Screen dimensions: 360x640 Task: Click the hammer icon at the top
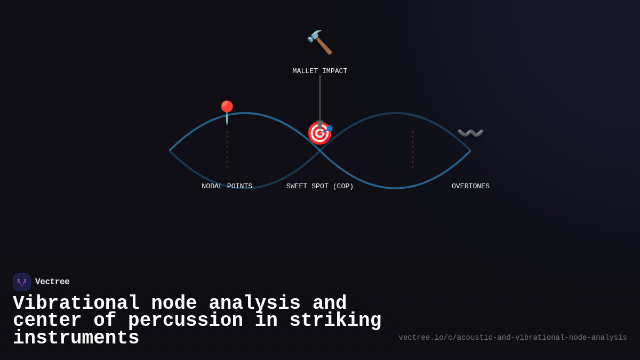pyautogui.click(x=319, y=42)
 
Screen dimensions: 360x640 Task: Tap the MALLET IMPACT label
pyautogui.click(x=319, y=71)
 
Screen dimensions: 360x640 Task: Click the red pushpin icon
pyautogui.click(x=227, y=112)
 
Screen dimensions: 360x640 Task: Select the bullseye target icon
pyautogui.click(x=319, y=133)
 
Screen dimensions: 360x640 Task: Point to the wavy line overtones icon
pyautogui.click(x=470, y=133)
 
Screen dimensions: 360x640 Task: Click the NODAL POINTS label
pyautogui.click(x=227, y=187)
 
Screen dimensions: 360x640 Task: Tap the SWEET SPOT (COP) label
pyautogui.click(x=319, y=187)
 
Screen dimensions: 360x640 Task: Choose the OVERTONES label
pyautogui.click(x=470, y=187)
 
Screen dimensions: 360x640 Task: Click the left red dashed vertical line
pyautogui.click(x=227, y=150)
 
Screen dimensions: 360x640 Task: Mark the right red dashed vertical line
pyautogui.click(x=413, y=150)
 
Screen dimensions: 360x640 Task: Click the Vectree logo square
pyautogui.click(x=22, y=282)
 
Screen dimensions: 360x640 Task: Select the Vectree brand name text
pyautogui.click(x=52, y=282)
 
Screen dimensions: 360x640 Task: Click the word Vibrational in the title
pyautogui.click(x=76, y=303)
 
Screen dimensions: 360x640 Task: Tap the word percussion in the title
pyautogui.click(x=185, y=321)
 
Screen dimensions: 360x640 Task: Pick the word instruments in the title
pyautogui.click(x=76, y=338)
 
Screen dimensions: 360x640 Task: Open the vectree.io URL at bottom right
pyautogui.click(x=513, y=338)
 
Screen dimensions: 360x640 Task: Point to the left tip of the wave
pyautogui.click(x=170, y=150)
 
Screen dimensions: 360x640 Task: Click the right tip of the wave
pyautogui.click(x=470, y=150)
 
